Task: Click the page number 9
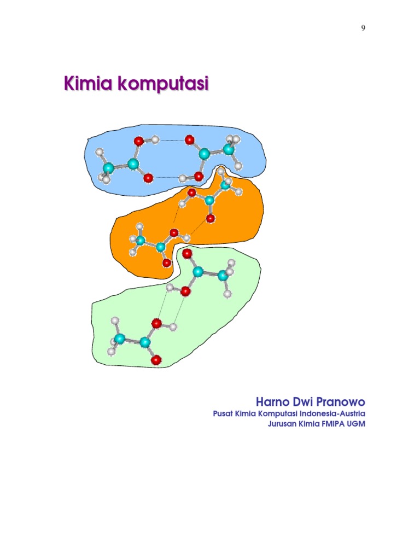[x=363, y=29]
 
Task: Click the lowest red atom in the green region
[x=156, y=359]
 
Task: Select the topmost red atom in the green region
[x=187, y=254]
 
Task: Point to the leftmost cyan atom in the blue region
[x=108, y=167]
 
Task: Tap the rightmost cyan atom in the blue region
[x=229, y=149]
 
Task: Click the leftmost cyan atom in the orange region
[x=140, y=241]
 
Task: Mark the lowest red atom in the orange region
[x=167, y=263]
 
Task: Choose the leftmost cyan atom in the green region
[x=120, y=339]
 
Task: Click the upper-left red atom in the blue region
[x=139, y=141]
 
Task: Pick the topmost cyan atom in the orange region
[x=225, y=185]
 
